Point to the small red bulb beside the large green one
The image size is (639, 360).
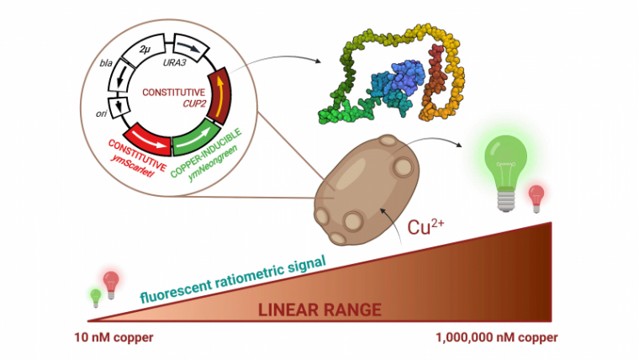coord(535,199)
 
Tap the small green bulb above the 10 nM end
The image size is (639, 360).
coord(96,296)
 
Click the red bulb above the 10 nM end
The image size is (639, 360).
coord(111,283)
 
